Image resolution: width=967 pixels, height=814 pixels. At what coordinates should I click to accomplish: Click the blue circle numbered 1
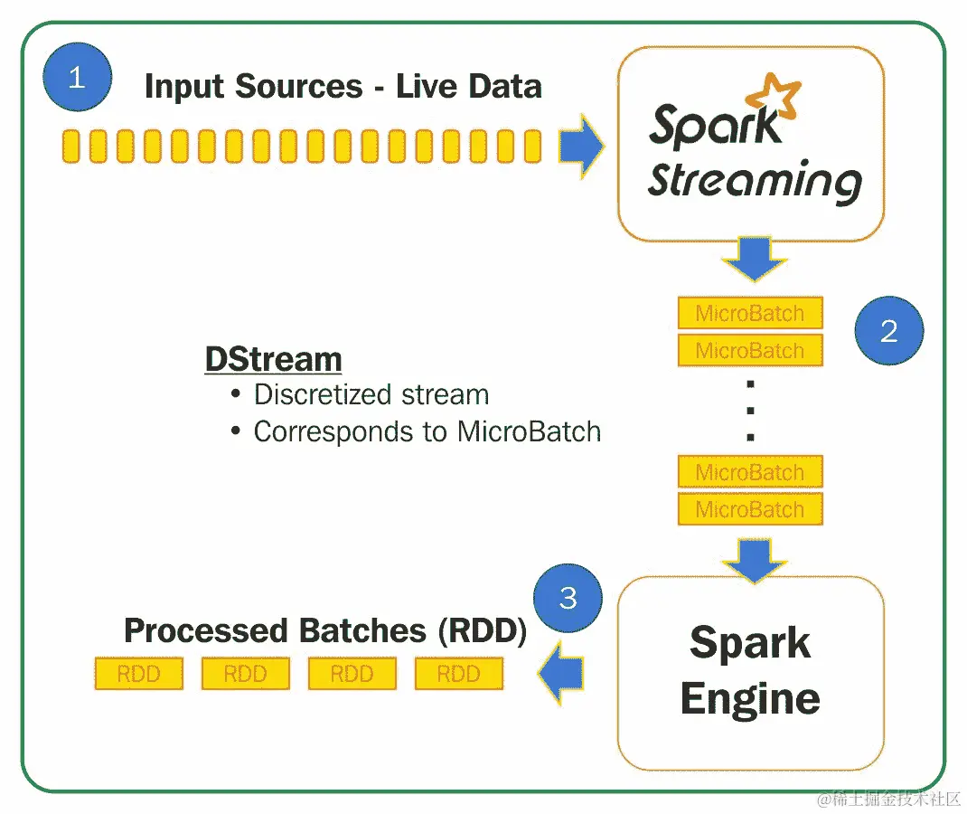point(77,77)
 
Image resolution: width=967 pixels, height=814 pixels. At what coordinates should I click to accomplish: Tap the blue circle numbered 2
point(889,331)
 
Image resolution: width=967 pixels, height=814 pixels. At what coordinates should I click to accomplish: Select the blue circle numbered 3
point(568,598)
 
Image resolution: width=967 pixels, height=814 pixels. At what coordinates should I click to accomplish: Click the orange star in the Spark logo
point(776,98)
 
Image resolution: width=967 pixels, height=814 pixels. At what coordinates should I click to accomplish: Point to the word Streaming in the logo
point(754,181)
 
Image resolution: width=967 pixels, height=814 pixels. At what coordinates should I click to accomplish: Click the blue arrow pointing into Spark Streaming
point(581,146)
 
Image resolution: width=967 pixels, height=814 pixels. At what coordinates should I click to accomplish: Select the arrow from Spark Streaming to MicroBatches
point(750,259)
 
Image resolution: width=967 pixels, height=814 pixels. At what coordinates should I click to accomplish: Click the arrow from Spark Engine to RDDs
point(560,673)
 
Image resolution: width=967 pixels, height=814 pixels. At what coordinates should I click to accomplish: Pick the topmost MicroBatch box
point(750,313)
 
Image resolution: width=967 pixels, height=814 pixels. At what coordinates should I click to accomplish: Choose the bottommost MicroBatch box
point(750,509)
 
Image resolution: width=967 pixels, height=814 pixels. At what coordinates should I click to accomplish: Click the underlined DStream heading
point(273,359)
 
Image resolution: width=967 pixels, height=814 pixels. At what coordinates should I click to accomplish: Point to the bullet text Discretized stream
point(371,394)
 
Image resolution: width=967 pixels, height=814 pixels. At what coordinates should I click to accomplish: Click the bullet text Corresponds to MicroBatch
point(427,431)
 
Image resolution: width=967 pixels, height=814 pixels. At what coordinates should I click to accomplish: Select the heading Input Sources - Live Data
point(343,87)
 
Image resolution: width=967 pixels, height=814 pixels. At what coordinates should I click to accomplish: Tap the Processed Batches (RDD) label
point(325,630)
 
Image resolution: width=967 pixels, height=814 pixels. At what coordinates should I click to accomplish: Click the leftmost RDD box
point(139,674)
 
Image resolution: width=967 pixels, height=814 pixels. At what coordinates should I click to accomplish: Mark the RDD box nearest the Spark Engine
point(459,674)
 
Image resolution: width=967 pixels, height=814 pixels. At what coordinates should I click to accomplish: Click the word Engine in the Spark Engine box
point(750,699)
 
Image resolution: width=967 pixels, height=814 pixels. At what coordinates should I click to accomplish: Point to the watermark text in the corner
point(889,798)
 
